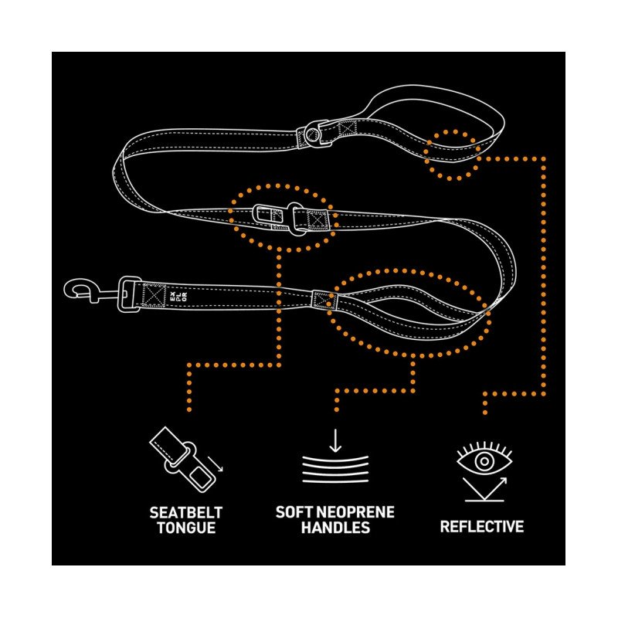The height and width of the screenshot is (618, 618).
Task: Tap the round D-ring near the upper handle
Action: coord(312,133)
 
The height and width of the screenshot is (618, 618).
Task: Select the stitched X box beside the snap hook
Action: coord(154,294)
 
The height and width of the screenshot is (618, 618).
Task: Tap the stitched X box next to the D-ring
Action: coord(345,129)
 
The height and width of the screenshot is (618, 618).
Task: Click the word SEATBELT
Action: coord(185,512)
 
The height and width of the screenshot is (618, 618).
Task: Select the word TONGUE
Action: coord(185,528)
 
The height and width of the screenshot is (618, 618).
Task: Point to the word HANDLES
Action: coord(335,528)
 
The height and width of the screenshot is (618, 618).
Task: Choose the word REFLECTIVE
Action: coord(482,527)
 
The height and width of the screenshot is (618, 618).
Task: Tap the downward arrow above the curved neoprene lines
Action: coord(335,441)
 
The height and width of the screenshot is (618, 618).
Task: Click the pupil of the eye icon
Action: coord(484,461)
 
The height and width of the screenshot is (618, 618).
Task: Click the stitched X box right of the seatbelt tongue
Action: coord(317,221)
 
